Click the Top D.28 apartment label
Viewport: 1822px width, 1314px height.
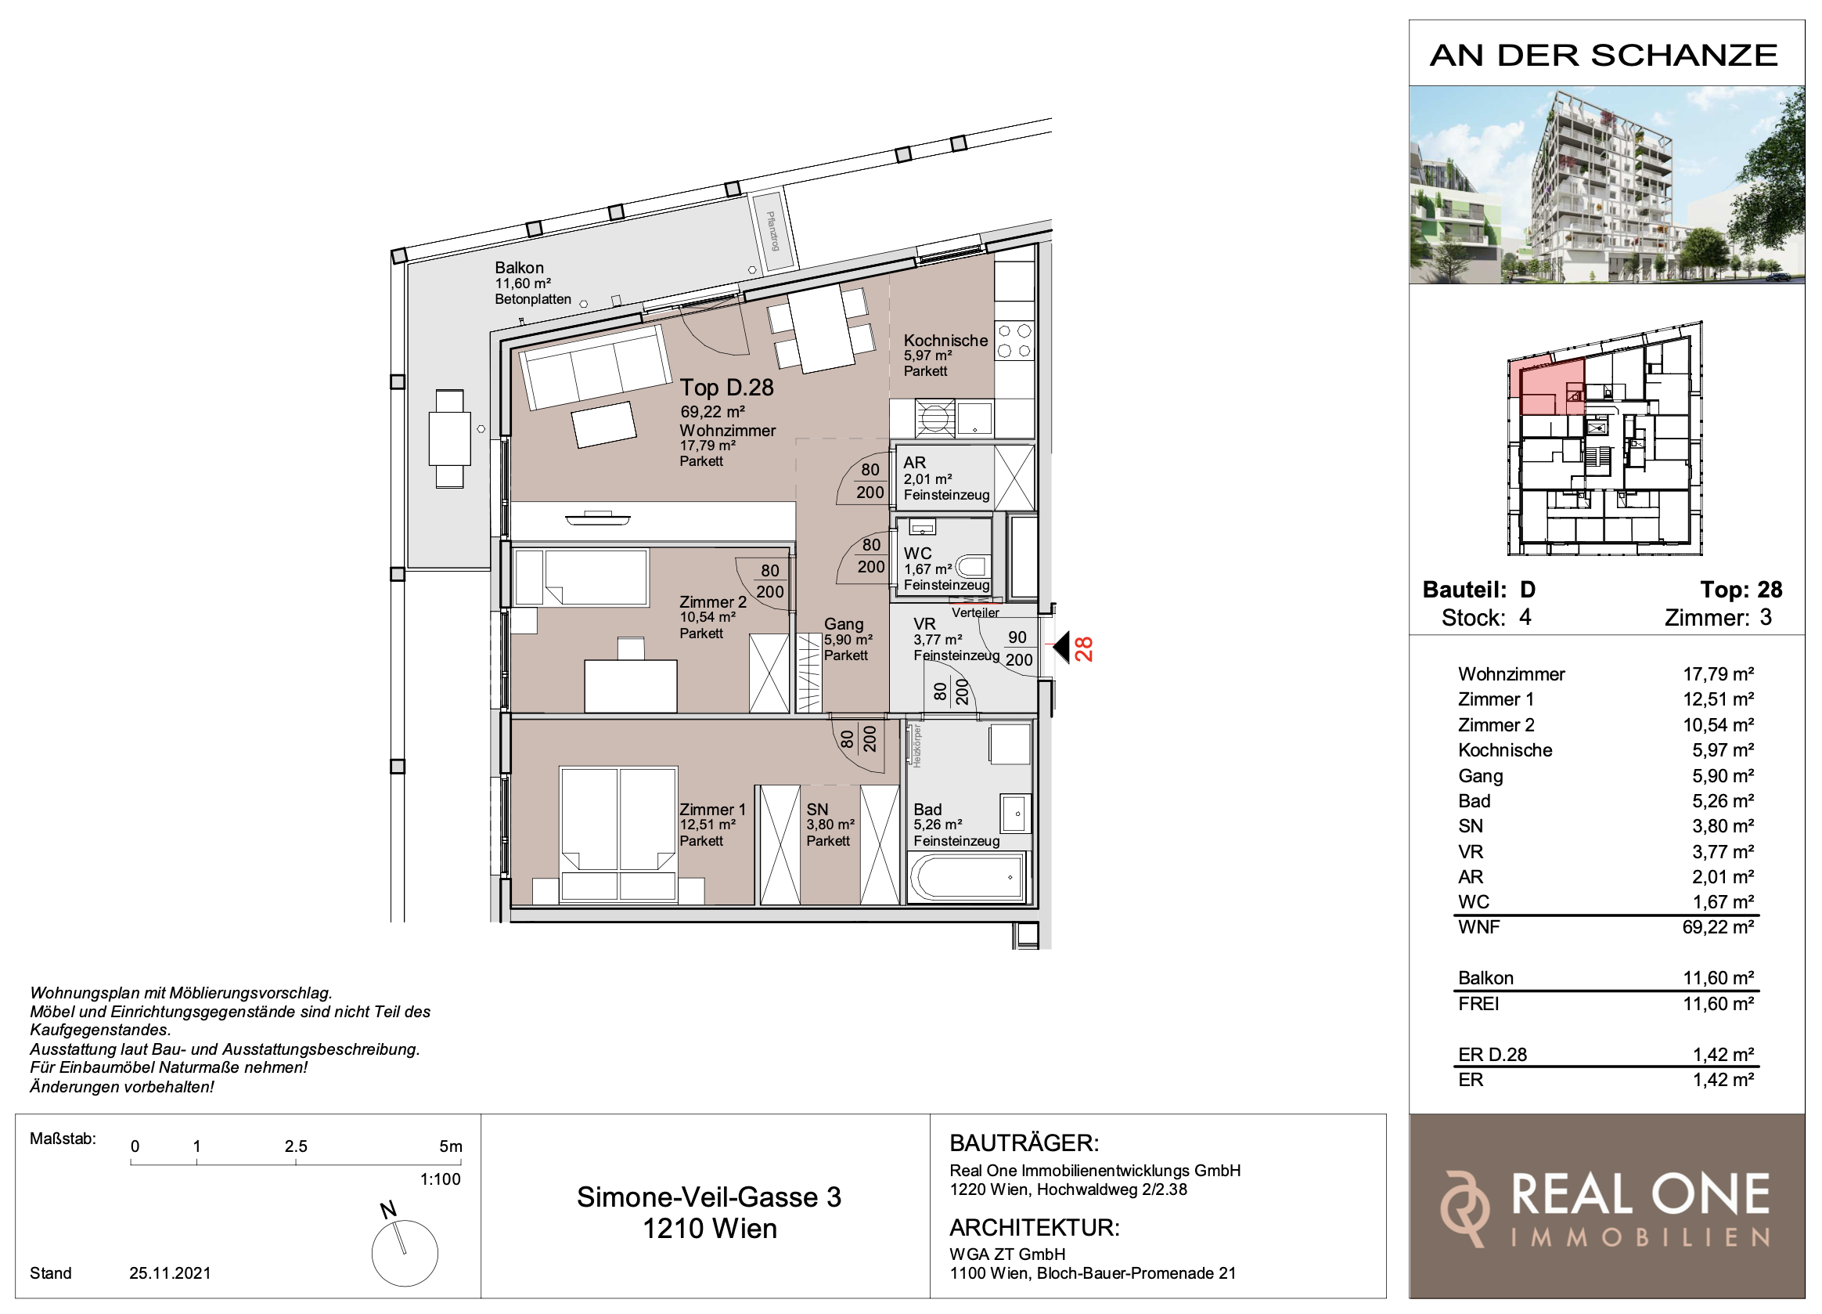point(726,388)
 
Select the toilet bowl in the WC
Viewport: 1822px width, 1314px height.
point(971,567)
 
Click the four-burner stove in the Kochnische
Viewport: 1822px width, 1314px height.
point(1014,341)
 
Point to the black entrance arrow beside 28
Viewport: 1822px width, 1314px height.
point(1061,647)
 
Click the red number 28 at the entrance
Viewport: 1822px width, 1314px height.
point(1084,648)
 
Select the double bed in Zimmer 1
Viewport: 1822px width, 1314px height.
point(618,833)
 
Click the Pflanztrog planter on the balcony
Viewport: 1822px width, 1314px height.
point(772,231)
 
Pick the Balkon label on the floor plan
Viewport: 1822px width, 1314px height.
point(519,268)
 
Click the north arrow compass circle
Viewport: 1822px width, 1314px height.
point(405,1253)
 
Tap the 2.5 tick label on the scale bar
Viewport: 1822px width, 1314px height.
point(296,1146)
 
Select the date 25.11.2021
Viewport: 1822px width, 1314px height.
point(171,1273)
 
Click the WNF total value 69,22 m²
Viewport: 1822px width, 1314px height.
point(1719,926)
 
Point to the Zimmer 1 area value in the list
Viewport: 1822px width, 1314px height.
point(1719,699)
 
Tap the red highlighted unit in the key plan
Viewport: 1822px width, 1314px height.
point(1547,388)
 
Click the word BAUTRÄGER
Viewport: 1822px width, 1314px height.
point(1024,1143)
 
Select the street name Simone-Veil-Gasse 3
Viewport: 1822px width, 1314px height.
point(708,1197)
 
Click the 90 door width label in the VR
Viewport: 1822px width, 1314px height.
point(1017,637)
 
